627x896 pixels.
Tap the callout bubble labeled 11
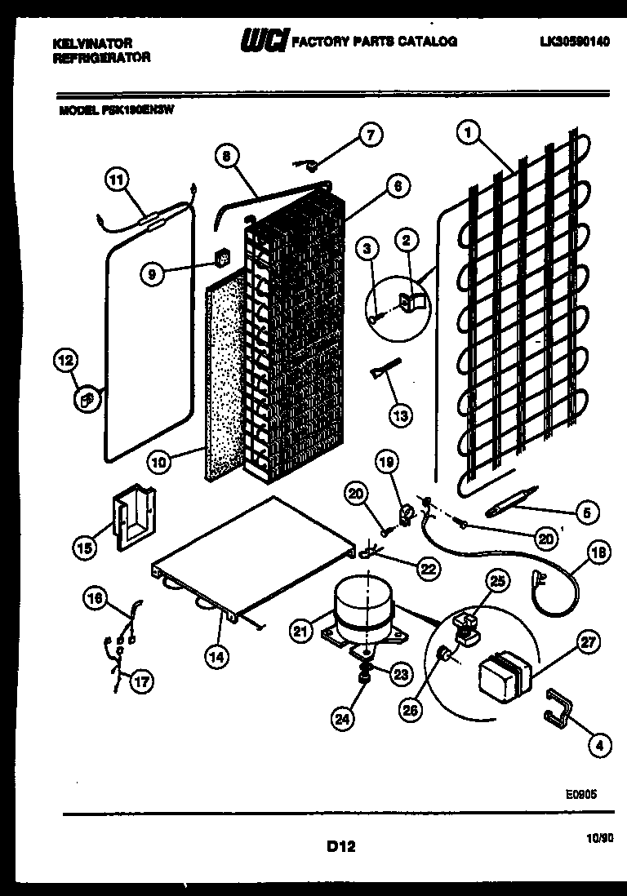click(118, 180)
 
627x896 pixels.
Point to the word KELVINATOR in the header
click(87, 42)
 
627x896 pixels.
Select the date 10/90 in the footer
click(599, 836)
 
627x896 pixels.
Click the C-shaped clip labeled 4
click(557, 704)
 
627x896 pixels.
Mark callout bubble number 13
click(401, 415)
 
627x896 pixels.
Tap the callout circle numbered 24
click(343, 718)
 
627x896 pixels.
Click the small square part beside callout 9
click(219, 259)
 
